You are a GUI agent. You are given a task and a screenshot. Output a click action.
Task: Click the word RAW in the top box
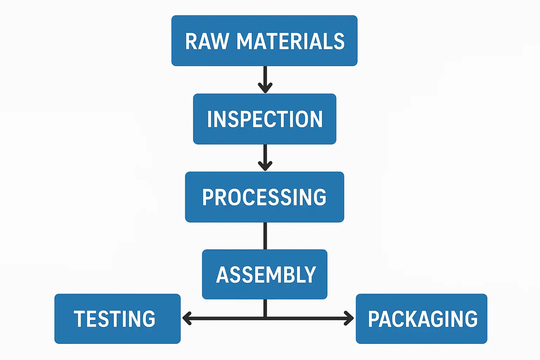pyautogui.click(x=207, y=41)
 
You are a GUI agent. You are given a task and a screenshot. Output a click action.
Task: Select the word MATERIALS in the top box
pyautogui.click(x=290, y=41)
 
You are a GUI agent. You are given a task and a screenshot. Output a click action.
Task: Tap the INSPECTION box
pyautogui.click(x=264, y=119)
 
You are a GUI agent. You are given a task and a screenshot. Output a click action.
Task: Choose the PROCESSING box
pyautogui.click(x=264, y=197)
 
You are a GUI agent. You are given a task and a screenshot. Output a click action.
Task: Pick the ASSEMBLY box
pyautogui.click(x=264, y=274)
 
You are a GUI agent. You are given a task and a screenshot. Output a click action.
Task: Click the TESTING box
pyautogui.click(x=117, y=319)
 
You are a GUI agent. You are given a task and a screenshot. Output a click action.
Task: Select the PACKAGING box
pyautogui.click(x=421, y=319)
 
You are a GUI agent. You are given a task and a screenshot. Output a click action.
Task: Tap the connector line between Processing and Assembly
pyautogui.click(x=265, y=236)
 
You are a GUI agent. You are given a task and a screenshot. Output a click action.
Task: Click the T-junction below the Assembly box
pyautogui.click(x=265, y=318)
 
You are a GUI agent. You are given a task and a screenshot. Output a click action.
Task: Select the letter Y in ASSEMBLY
pyautogui.click(x=310, y=275)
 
